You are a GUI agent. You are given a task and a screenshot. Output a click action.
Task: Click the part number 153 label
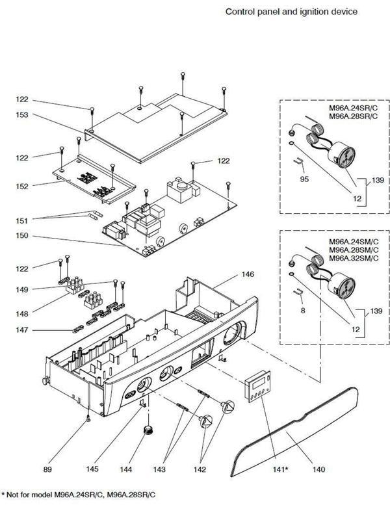22,115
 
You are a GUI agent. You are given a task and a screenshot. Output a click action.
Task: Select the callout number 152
22,187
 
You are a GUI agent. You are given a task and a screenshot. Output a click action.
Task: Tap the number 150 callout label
22,236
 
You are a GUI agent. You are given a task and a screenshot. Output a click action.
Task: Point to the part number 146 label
248,274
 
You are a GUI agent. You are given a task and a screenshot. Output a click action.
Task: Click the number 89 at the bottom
47,469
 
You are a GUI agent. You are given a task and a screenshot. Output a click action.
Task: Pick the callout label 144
125,469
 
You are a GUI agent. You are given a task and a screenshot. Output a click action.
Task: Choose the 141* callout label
280,469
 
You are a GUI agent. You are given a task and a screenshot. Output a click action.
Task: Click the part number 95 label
304,179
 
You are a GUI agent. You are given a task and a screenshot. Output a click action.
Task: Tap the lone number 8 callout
303,311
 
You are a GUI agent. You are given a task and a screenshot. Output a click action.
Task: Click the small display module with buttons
257,386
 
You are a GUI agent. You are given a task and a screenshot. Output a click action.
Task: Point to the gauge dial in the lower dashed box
343,285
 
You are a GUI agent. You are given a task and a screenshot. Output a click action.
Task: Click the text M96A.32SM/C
354,258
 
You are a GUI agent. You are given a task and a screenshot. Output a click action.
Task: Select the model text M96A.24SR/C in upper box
353,108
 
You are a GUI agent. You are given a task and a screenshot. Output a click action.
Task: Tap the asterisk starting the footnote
3,494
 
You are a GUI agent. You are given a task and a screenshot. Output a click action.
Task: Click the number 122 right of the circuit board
224,161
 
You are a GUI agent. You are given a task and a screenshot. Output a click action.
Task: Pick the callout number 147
22,330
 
